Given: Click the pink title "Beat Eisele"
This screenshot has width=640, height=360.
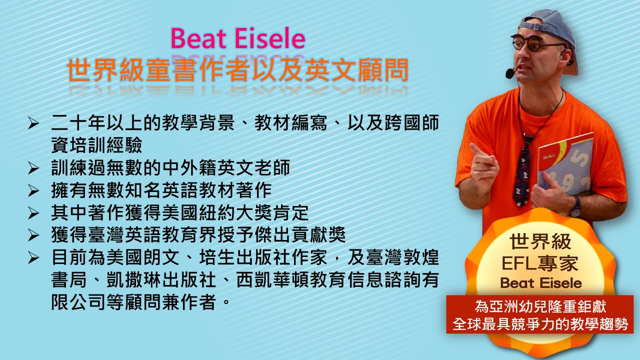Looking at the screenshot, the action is point(237,38).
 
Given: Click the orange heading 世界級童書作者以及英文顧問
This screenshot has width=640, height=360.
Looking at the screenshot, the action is point(237,70).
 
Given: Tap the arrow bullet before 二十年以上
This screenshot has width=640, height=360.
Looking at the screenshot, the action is point(33,123).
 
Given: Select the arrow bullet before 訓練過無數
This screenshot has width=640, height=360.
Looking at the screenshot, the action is point(33,168).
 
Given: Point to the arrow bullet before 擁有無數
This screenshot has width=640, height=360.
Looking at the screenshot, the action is point(33,190).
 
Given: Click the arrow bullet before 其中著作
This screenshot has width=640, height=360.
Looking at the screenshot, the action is point(33,213).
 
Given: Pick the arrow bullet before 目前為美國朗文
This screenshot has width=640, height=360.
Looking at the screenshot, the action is point(33,258).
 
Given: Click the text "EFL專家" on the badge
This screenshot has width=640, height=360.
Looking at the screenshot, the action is point(540,263).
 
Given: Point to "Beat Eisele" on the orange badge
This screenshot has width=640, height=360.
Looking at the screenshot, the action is point(541,283).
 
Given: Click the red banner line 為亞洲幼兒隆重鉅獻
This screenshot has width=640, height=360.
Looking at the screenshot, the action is point(540,306).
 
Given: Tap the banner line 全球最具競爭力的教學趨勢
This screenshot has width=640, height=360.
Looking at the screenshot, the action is point(540,324).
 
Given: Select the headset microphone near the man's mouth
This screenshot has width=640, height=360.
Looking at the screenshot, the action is point(509,73).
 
